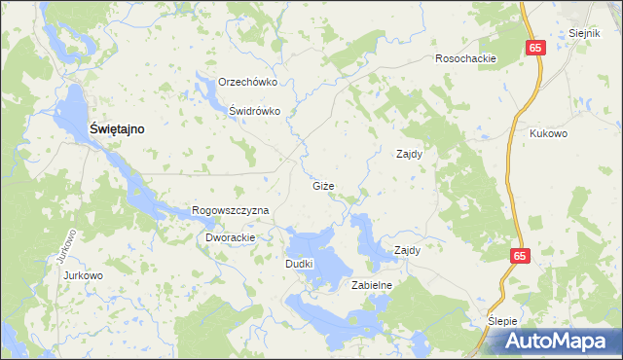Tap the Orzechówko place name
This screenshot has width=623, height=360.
[249, 83]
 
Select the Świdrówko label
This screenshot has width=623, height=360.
[254, 111]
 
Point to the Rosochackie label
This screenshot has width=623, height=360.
[466, 58]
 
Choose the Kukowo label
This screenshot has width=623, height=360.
[550, 134]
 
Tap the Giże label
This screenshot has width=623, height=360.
[324, 186]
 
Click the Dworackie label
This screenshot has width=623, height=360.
[230, 237]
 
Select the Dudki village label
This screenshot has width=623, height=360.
[298, 264]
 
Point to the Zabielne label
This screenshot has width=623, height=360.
[371, 285]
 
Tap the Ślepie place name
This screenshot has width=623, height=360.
[504, 320]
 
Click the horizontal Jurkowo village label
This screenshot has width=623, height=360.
[83, 275]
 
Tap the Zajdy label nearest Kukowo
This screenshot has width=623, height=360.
[409, 154]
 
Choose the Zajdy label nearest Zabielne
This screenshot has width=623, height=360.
[407, 250]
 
